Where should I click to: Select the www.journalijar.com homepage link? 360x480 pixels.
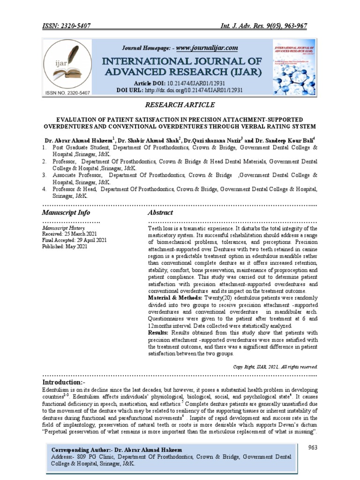pos(207,48)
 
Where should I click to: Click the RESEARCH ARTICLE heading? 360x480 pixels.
pos(180,105)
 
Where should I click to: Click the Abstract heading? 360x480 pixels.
pos(161,212)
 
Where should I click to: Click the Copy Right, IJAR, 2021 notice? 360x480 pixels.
pos(276,366)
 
